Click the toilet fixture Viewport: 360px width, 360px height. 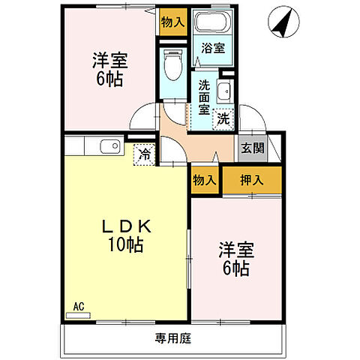click(x=171, y=67)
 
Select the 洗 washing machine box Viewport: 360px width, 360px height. click(x=223, y=117)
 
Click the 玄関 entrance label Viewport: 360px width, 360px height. click(x=252, y=148)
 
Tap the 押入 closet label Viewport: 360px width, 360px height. click(x=252, y=180)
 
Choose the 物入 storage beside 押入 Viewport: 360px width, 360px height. click(x=204, y=181)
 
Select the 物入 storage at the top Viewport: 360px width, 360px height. click(x=172, y=22)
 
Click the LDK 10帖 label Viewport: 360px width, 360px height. click(x=124, y=234)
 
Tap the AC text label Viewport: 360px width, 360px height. click(x=79, y=306)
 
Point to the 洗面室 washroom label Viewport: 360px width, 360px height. click(x=203, y=95)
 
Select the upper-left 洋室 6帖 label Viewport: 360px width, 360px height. click(x=109, y=70)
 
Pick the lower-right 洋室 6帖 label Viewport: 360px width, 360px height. click(x=234, y=257)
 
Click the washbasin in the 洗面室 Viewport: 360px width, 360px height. click(x=223, y=93)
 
